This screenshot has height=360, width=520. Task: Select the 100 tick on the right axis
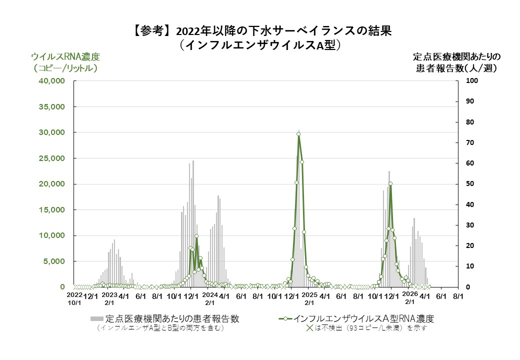coord(472,81)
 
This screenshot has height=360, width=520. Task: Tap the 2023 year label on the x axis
coord(110,295)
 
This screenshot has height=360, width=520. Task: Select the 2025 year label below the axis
coord(309,295)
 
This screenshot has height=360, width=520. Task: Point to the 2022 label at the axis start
coord(74,295)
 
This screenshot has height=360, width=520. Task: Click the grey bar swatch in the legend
coord(97,318)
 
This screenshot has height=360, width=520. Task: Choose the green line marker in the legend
coord(284,318)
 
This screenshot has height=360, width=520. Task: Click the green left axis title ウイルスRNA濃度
coord(65,56)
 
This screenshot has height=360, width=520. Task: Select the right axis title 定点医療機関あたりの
coord(456,56)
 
